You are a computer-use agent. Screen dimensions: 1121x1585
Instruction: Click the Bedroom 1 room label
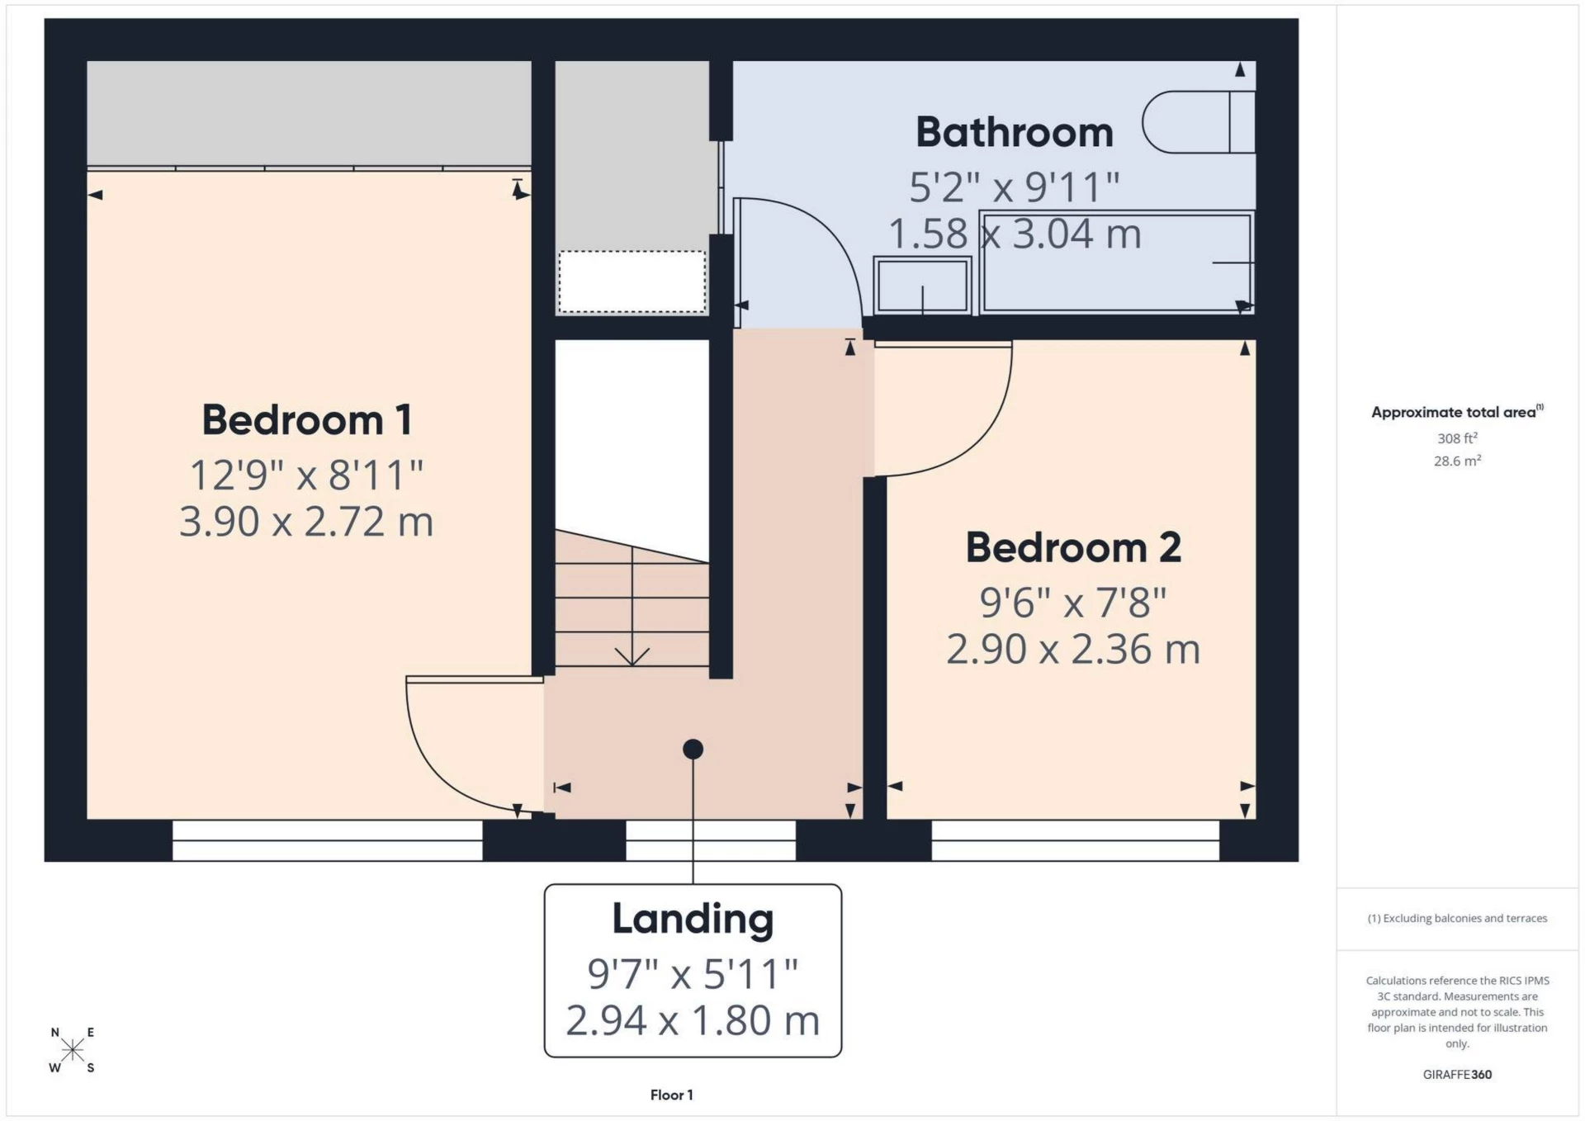coord(306,419)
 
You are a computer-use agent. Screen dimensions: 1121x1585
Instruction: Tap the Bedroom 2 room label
coord(1072,547)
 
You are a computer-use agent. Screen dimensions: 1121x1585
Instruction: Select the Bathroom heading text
coord(1014,132)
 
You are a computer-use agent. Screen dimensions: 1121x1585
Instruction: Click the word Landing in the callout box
coord(693,919)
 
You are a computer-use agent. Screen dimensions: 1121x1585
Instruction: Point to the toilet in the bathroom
coord(1198,122)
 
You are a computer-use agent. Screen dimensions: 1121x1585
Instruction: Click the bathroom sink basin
coord(922,286)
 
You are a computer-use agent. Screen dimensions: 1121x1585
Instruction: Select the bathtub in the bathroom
coord(1116,263)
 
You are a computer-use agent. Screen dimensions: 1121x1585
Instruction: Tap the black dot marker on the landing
coord(693,749)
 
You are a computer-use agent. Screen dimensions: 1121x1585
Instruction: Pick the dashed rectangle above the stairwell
coord(632,281)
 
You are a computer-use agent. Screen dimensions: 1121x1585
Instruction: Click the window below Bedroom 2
coord(1075,840)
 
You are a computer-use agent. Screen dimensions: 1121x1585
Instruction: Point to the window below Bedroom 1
coord(327,840)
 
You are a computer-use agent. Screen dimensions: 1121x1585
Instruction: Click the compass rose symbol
coord(73,1049)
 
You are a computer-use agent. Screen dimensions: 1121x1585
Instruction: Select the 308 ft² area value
coord(1456,438)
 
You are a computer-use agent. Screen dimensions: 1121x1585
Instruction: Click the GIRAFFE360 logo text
coord(1456,1074)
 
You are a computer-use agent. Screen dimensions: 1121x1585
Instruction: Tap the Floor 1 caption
coord(671,1095)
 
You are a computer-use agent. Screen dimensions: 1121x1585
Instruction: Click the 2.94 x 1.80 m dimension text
coord(693,1020)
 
